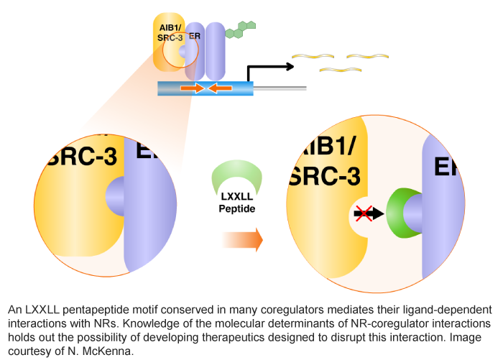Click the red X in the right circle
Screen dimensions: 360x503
(362, 213)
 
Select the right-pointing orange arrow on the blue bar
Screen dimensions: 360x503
(192, 88)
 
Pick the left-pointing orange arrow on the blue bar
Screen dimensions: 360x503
(220, 88)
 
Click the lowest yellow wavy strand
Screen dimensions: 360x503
(339, 70)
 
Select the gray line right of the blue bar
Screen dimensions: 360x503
(280, 88)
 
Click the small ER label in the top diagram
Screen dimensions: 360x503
(194, 36)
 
